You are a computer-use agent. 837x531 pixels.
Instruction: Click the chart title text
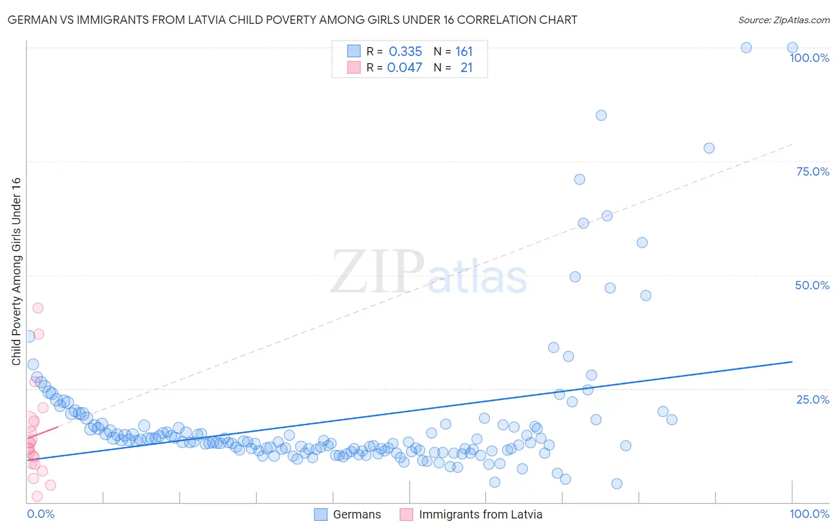292,20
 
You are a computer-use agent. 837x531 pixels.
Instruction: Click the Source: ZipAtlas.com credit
783,20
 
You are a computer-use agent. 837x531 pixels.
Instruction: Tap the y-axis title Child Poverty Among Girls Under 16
16,271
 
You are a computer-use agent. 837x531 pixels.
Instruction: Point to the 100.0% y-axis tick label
809,58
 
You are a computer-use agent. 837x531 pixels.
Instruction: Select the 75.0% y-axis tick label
813,171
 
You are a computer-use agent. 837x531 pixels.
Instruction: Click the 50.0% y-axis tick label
812,285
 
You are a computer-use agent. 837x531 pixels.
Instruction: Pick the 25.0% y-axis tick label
813,399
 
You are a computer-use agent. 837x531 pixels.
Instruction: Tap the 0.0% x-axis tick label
40,514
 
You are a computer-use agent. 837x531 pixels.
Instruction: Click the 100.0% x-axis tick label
809,514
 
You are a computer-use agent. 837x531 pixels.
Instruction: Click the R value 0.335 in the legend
405,52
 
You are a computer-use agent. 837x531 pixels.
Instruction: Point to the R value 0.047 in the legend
405,68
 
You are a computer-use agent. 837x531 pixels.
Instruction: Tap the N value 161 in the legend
464,52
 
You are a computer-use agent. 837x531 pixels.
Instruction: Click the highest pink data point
38,308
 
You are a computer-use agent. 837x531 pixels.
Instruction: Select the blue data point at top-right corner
792,48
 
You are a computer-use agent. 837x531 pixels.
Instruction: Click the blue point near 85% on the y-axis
601,115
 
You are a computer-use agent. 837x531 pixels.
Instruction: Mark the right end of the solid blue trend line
792,361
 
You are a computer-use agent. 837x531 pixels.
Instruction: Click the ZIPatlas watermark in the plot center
429,272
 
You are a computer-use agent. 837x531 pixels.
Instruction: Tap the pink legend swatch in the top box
354,68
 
